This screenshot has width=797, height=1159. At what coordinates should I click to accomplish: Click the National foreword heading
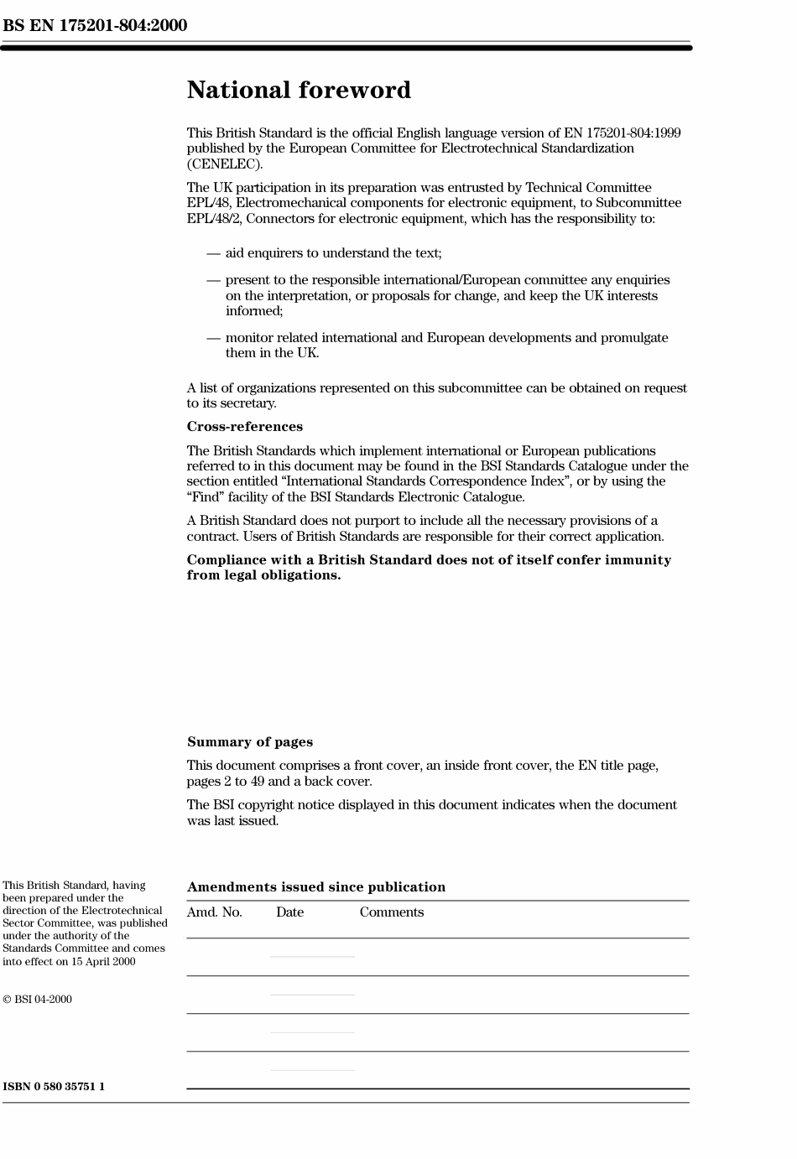click(x=299, y=91)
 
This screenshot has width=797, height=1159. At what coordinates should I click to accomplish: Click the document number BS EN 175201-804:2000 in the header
click(x=95, y=25)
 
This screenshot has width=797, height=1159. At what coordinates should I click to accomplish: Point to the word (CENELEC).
click(x=225, y=164)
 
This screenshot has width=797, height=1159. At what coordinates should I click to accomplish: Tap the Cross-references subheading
click(x=244, y=427)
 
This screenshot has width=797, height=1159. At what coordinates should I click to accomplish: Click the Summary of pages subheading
click(x=250, y=742)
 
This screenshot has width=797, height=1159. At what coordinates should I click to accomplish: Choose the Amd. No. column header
click(x=214, y=912)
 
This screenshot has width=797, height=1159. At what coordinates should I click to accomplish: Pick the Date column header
click(x=289, y=912)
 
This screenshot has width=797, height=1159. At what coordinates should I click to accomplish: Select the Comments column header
click(x=392, y=912)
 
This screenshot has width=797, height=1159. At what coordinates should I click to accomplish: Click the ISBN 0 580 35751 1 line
click(x=54, y=1087)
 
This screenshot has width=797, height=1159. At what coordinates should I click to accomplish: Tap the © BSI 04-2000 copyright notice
click(x=37, y=1000)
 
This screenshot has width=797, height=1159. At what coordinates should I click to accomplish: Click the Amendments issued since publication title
click(x=316, y=887)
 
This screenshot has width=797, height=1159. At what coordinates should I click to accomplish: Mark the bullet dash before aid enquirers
click(x=213, y=253)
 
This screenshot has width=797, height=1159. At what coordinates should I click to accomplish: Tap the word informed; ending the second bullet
click(x=254, y=311)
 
